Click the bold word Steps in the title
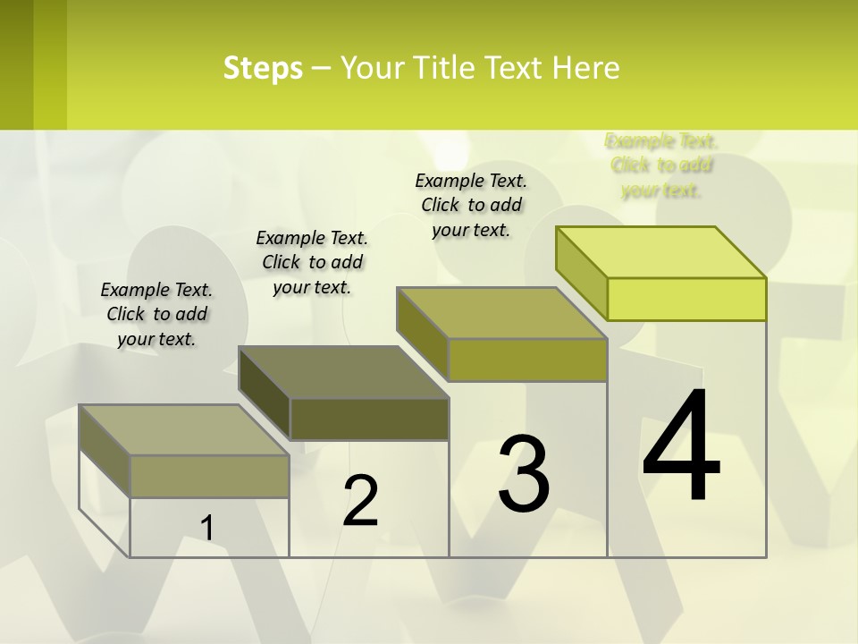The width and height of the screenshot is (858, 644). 263,68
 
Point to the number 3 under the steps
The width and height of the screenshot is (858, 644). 524,474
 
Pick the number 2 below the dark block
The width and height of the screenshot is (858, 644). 360,501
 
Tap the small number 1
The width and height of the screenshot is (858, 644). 206,529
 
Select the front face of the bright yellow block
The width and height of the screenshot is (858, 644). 686,299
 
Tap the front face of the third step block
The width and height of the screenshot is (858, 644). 527,360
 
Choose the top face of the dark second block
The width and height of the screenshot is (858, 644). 343,372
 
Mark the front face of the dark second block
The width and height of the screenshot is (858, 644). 369,419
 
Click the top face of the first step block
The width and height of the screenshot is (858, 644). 184,430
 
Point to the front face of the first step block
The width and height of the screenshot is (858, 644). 209,476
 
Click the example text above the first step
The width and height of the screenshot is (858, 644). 156,314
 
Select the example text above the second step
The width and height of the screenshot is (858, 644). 312,262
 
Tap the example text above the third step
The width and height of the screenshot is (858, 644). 471,205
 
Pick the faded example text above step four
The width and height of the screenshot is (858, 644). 661,165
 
